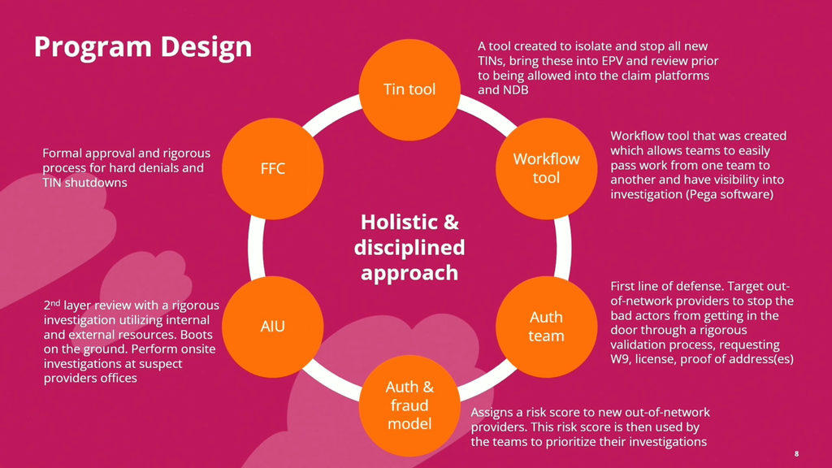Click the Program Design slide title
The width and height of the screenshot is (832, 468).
coord(143,47)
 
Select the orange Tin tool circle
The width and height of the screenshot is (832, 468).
coord(409,89)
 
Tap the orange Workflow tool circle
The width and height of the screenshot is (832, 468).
coord(547,168)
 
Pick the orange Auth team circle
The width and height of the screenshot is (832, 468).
coord(547,327)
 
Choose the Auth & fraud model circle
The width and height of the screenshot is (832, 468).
coord(409,405)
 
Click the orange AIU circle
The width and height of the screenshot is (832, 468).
coord(273,327)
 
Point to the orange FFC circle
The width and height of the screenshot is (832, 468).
coord(273,168)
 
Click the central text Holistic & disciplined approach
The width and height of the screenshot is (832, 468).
coord(409,247)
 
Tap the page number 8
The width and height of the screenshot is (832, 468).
coord(796,453)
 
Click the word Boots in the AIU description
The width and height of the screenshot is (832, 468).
coord(197,335)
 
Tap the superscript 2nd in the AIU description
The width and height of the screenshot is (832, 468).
coord(51,305)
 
